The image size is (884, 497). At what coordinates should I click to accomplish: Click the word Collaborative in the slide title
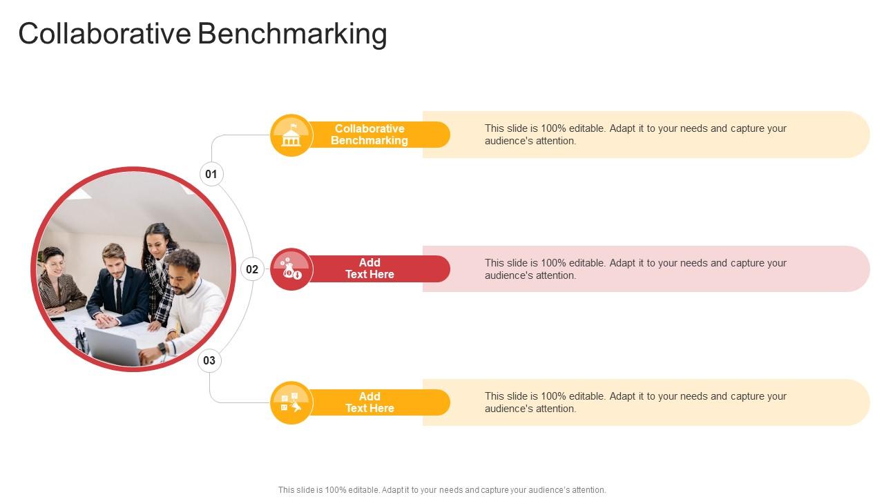coord(105,33)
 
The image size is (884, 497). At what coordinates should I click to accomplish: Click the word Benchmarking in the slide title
coord(292,33)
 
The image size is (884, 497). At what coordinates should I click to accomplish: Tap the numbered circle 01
coord(211,174)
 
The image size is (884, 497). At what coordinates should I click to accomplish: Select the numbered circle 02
coord(252,269)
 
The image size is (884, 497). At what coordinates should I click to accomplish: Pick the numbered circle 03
coord(209,360)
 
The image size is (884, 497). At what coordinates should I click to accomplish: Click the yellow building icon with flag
coord(291,135)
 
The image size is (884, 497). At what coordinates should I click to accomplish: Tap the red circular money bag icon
coord(291,269)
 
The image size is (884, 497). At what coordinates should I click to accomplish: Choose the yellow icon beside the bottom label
coord(291,402)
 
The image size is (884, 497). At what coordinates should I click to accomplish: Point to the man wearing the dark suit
coord(117,286)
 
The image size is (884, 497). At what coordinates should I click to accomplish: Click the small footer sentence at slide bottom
coord(442,490)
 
